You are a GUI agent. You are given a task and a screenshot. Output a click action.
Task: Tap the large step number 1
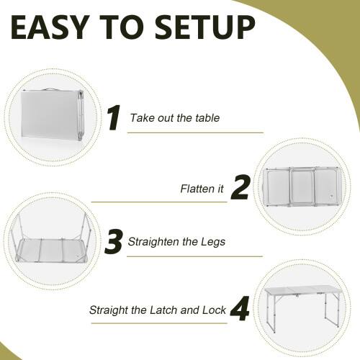click(112, 117)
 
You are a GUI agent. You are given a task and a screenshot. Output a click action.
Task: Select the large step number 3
click(114, 241)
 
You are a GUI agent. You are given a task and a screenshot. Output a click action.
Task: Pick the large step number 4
click(239, 310)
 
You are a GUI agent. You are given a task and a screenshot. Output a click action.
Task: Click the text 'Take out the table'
click(174, 118)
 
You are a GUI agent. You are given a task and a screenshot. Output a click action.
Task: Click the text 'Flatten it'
click(202, 189)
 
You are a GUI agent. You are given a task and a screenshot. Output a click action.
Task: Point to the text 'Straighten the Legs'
click(176, 242)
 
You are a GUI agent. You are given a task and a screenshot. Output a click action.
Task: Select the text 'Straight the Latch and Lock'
click(158, 311)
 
